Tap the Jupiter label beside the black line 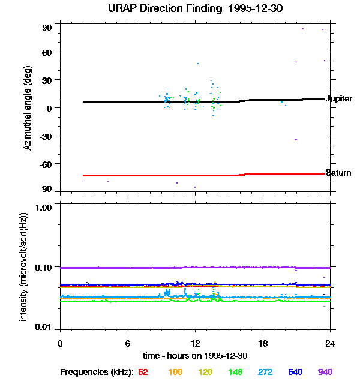[x=338, y=99]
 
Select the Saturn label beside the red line [x=338, y=173]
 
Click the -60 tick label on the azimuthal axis [x=45, y=163]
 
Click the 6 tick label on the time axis [x=128, y=344]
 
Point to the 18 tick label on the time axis [x=262, y=344]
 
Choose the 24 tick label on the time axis [x=330, y=344]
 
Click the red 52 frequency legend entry [x=143, y=373]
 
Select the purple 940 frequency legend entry [x=325, y=373]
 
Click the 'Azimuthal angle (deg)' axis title [x=28, y=109]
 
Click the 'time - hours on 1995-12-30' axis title [x=196, y=356]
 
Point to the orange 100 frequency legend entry [x=175, y=373]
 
